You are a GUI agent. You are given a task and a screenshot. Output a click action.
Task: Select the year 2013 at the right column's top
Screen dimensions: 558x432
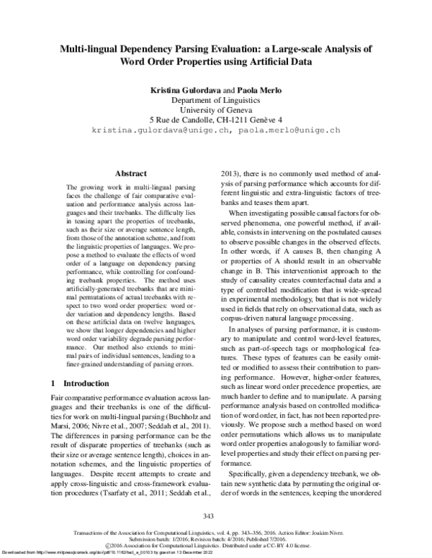click(x=228, y=173)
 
